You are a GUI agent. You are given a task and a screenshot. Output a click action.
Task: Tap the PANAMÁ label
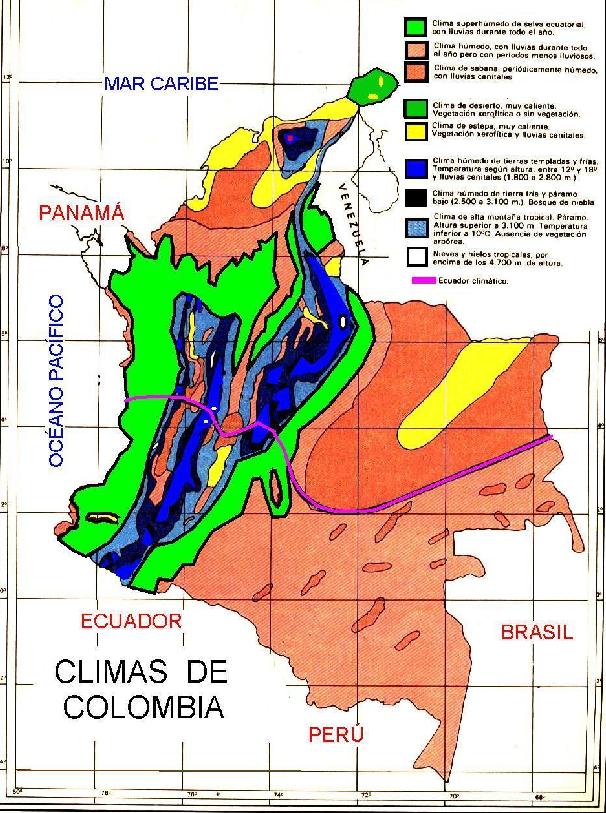point(80,213)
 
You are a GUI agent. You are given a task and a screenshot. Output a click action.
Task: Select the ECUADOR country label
point(134,621)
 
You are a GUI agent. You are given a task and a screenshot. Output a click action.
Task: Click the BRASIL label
point(537,632)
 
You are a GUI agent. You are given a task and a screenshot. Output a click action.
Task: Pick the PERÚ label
point(335,735)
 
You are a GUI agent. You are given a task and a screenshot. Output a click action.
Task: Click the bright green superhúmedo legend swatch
point(418,25)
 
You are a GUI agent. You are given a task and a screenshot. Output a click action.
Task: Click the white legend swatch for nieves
point(418,256)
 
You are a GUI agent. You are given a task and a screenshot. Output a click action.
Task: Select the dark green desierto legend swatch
point(418,107)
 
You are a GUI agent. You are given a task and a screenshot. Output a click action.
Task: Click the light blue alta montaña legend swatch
point(418,225)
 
